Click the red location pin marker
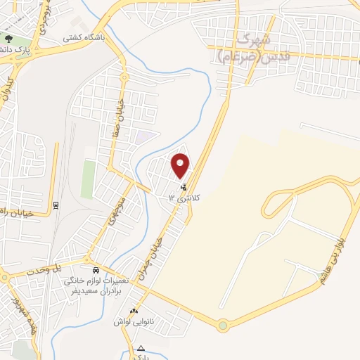coord(181,165)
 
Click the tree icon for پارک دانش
coord(8,39)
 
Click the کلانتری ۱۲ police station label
coord(184,198)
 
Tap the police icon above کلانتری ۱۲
coord(184,188)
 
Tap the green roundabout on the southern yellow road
coord(223,326)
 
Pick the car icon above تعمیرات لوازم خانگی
coord(96,270)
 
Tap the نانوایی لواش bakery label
coord(134,321)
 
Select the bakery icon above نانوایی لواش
coord(134,311)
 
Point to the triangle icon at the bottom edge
coord(141,347)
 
